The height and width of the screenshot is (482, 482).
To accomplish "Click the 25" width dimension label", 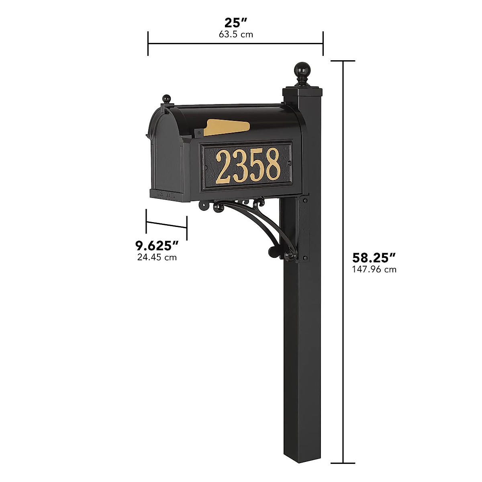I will point(236,23).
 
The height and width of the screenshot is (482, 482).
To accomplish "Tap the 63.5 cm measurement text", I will point(236,35).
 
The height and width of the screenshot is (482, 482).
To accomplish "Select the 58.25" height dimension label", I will point(374,257).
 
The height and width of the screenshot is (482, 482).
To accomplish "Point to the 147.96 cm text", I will point(374,270).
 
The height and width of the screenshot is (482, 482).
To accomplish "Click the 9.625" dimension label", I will point(157,245).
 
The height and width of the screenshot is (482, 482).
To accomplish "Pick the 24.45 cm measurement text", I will point(157,257).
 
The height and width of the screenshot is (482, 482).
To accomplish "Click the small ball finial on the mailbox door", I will point(166,98).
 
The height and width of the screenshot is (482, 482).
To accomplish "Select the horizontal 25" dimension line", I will point(236,43).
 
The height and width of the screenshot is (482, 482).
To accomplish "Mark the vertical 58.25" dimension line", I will point(343,241).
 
